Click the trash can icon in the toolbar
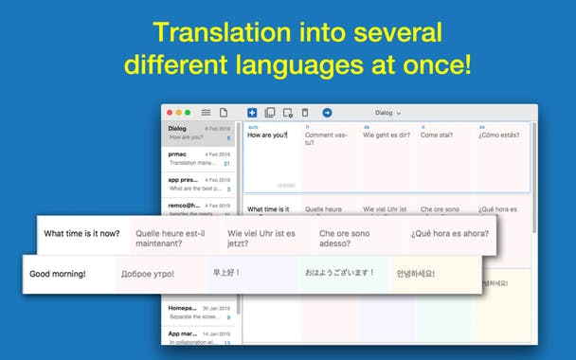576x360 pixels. [x=305, y=113]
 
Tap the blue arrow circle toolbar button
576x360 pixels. [x=328, y=113]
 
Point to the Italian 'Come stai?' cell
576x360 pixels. [x=438, y=135]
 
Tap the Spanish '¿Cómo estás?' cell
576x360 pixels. [x=499, y=135]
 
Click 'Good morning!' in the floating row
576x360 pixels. [x=58, y=274]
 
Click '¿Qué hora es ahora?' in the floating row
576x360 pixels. [x=449, y=233]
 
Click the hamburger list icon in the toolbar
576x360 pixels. [x=206, y=113]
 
